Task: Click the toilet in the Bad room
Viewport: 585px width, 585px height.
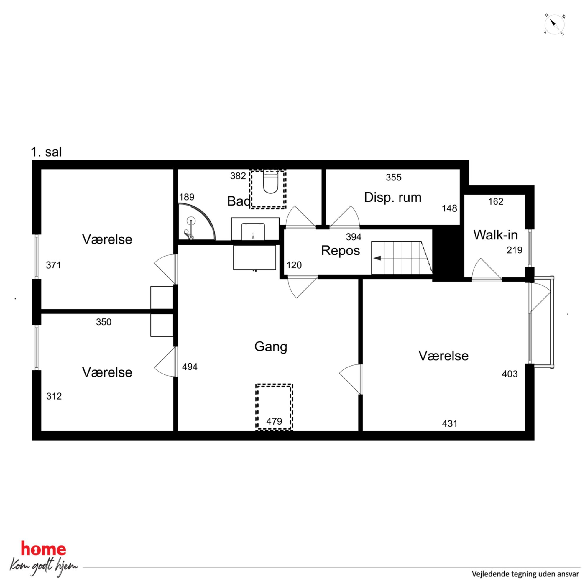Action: click(270, 182)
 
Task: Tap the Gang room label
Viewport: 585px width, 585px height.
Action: click(271, 347)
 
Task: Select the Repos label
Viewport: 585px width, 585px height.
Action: click(340, 251)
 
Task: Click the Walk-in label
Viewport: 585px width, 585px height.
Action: click(495, 235)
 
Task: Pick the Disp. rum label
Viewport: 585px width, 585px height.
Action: click(393, 198)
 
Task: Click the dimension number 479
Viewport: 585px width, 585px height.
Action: click(274, 421)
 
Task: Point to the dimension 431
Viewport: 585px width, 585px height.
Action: click(450, 424)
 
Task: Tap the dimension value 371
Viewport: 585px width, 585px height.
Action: click(54, 265)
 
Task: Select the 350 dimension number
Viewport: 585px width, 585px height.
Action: click(104, 322)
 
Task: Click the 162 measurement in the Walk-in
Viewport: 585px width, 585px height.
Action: click(496, 201)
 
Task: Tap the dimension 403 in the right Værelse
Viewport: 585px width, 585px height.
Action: click(510, 374)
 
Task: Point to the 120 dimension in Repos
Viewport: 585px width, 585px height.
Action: click(294, 265)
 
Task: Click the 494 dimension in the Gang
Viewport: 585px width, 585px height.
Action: click(190, 367)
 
